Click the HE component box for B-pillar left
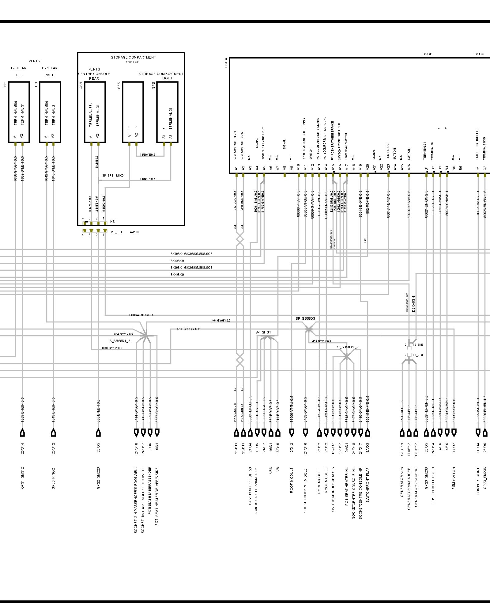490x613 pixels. pos(19,112)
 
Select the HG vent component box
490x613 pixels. pos(50,112)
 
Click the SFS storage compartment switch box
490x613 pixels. pos(133,112)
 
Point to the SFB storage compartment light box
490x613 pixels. pos(167,112)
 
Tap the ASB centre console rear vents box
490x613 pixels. pos(95,112)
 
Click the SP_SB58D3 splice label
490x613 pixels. pos(305,318)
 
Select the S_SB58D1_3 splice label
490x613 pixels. pos(120,341)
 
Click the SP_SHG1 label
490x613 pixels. pos(263,332)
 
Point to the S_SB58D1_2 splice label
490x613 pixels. pos(348,347)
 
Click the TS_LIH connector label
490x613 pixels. pos(116,232)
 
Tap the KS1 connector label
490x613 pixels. pos(113,222)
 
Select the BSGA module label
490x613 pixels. pos(226,63)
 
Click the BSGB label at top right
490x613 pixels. pos(427,54)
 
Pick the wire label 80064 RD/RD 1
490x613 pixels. pos(141,315)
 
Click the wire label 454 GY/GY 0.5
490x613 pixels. pos(188,329)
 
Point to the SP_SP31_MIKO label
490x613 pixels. pos(113,176)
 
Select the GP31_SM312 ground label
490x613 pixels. pos(22,478)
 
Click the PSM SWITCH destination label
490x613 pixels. pos(454,478)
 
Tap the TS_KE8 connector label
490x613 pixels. pos(417,355)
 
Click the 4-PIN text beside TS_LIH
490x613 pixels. pos(134,232)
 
